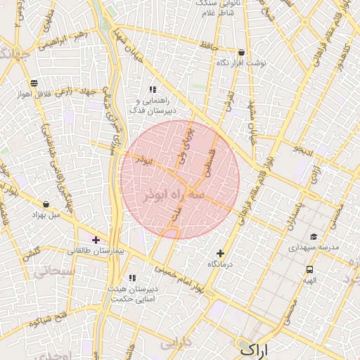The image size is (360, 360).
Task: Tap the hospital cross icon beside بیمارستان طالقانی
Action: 96,240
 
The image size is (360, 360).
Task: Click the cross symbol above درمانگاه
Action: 221,253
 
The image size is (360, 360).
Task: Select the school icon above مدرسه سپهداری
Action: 314,237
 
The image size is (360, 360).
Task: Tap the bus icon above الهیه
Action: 309,269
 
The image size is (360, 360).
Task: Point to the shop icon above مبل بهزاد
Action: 46,204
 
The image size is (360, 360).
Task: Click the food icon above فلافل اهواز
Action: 34,84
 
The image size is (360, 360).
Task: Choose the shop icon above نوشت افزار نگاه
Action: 242,52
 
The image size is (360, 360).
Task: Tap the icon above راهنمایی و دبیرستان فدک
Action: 152,89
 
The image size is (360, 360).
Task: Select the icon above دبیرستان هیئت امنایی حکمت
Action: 132,278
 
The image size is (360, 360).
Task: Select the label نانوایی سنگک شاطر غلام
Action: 214,8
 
